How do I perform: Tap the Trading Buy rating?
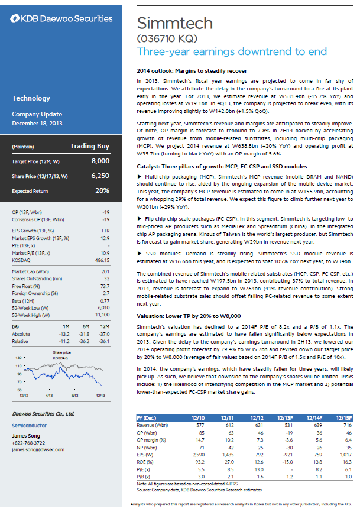pyautogui.click(x=89, y=146)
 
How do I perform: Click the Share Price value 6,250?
pyautogui.click(x=100, y=176)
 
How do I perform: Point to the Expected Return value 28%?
pyautogui.click(x=102, y=191)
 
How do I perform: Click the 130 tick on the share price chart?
pyautogui.click(x=20, y=359)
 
